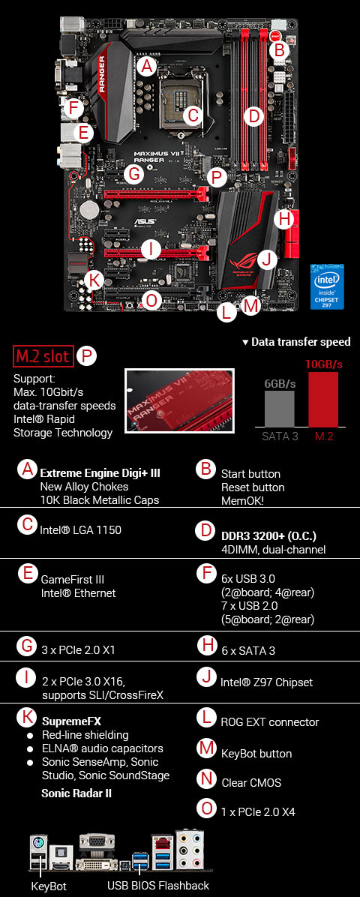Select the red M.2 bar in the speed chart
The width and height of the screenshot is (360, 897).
(322, 400)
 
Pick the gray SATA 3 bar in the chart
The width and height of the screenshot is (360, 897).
(278, 409)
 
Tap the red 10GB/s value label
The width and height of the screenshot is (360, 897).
(323, 364)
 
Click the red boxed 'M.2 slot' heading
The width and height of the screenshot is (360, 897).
(43, 355)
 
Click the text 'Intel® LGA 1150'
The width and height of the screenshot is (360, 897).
(81, 530)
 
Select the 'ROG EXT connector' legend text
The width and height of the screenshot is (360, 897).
(270, 722)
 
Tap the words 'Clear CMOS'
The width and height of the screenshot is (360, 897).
(251, 783)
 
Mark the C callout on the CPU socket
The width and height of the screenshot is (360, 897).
(193, 115)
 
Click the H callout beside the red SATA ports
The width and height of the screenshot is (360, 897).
(283, 220)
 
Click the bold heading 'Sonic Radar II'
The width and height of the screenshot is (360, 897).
(76, 793)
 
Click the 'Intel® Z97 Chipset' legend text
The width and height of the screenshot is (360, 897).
(266, 682)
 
